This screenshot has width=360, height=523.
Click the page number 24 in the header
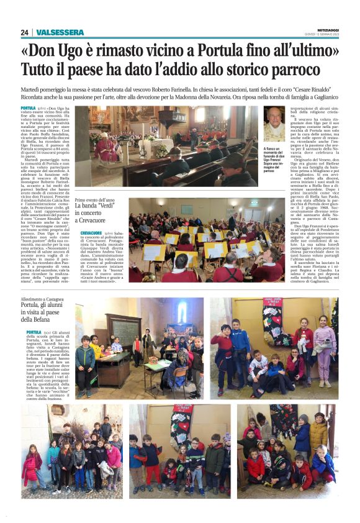click(24, 32)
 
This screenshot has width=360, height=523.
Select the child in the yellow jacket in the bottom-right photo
click(318, 429)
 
